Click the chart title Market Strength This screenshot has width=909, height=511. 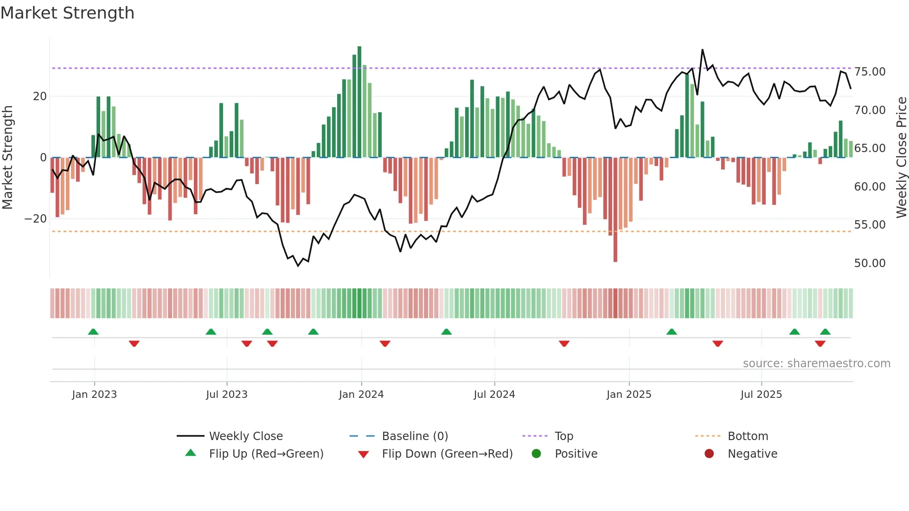click(x=67, y=13)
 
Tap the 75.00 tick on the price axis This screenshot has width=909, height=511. click(x=870, y=72)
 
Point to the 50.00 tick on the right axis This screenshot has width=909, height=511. click(x=870, y=263)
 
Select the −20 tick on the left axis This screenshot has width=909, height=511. click(x=36, y=219)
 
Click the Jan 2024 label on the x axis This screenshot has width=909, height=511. click(x=361, y=395)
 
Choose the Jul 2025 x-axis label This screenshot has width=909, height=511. click(x=761, y=395)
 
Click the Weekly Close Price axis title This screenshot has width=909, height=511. click(x=901, y=158)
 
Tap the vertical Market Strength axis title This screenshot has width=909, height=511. click(x=7, y=158)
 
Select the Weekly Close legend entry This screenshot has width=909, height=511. click(x=245, y=436)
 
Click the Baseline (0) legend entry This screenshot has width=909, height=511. click(x=415, y=436)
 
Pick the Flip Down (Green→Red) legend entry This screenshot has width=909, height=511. click(x=447, y=454)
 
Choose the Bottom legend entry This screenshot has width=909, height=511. click(x=748, y=436)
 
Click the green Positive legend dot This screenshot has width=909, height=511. click(x=537, y=454)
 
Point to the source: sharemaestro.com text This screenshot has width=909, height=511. click(x=816, y=364)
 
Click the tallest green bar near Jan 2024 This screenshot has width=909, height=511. click(x=359, y=102)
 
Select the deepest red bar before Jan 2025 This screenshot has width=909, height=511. click(x=615, y=210)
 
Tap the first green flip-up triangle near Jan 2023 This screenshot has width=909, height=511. click(x=93, y=332)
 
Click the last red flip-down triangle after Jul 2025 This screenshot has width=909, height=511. click(x=820, y=344)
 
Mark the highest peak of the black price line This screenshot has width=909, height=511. click(x=703, y=50)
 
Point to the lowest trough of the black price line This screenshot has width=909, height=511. click(x=298, y=266)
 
